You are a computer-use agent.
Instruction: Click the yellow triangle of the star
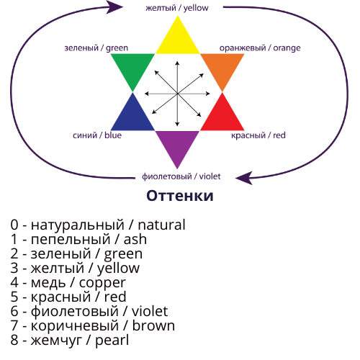[178, 41]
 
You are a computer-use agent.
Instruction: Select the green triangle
[132, 67]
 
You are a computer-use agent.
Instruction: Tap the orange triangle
[222, 67]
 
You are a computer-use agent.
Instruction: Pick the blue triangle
[132, 117]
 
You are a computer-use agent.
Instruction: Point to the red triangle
[222, 117]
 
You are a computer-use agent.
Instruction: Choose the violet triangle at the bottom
[177, 143]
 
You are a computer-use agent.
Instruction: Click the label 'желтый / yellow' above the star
[177, 8]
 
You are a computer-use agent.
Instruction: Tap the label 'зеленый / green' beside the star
[96, 48]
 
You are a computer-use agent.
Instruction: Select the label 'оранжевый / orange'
[260, 48]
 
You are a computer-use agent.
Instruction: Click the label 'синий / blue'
[97, 135]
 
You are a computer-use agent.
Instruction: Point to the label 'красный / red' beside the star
[258, 135]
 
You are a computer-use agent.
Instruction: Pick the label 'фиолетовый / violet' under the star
[181, 176]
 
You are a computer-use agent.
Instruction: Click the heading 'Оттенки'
[180, 196]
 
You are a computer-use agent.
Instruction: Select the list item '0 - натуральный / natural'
[98, 225]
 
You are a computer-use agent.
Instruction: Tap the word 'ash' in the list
[135, 239]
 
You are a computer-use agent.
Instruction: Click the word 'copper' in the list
[102, 283]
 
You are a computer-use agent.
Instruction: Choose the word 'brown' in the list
[153, 325]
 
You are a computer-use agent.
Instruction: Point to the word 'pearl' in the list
[112, 341]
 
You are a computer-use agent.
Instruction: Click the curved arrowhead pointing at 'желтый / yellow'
[114, 7]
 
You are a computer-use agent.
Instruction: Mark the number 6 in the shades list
[14, 311]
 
